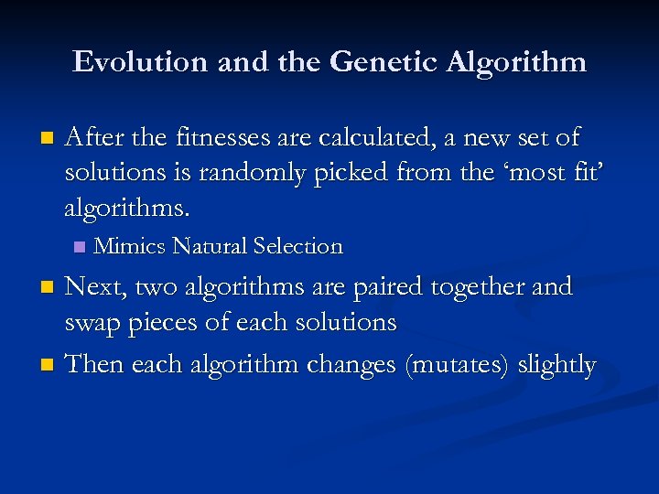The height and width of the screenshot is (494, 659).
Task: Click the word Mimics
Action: click(x=130, y=246)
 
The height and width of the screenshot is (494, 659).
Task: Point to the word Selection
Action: click(x=297, y=246)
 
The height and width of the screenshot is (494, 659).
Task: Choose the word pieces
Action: click(x=173, y=323)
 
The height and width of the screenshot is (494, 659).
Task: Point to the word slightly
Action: click(x=556, y=366)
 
